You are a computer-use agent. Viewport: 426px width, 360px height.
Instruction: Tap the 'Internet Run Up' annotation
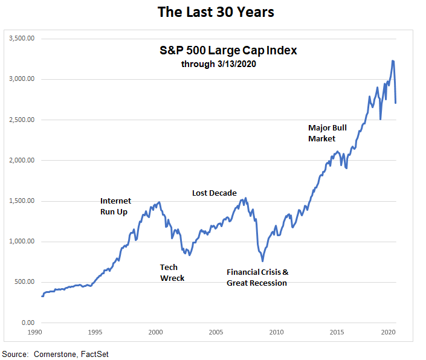(x=115, y=206)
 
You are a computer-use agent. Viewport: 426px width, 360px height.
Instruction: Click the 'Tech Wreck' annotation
(x=172, y=272)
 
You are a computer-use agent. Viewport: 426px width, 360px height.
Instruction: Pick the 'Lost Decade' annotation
(x=214, y=193)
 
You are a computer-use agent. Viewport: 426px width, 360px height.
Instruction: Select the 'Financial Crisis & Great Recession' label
(x=257, y=277)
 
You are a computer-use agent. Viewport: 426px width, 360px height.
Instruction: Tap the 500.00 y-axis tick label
(x=24, y=282)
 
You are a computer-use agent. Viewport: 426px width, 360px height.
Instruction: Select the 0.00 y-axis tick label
(x=27, y=323)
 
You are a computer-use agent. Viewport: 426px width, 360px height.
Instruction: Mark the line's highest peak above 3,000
(x=393, y=60)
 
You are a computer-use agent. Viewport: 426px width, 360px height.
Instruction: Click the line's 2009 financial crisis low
(x=262, y=261)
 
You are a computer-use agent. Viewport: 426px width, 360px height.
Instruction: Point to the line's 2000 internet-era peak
(x=159, y=202)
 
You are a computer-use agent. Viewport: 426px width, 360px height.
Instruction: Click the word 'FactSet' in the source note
(x=94, y=353)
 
